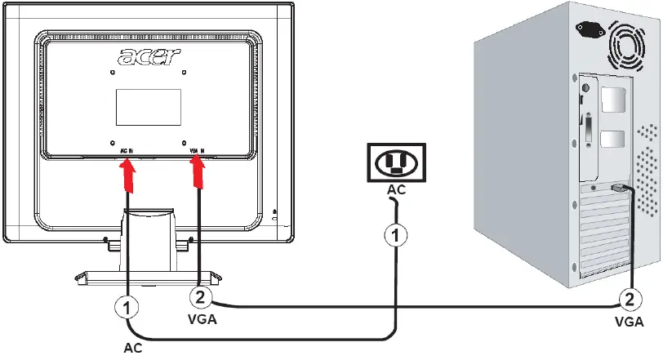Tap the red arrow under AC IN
tap(127, 174)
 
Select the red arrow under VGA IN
tap(198, 171)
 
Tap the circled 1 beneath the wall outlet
tap(395, 235)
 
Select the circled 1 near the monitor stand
tap(126, 309)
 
